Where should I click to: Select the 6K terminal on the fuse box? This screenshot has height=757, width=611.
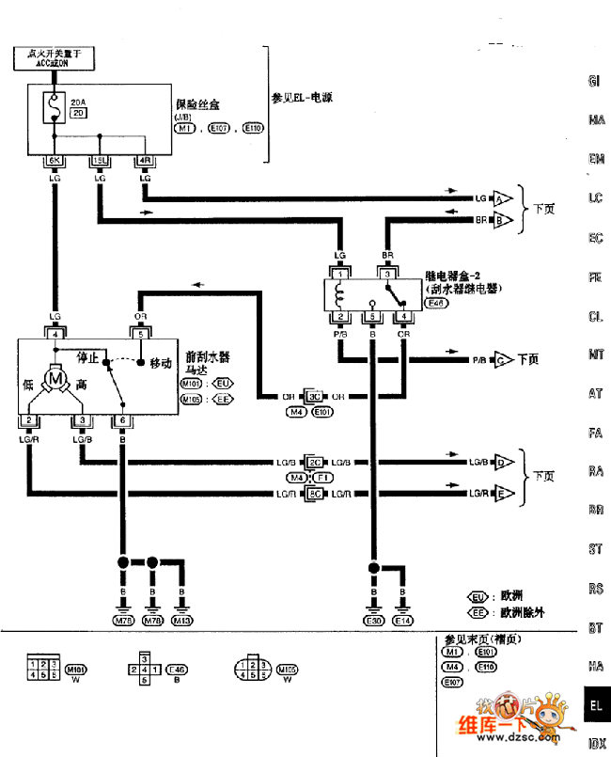(x=55, y=162)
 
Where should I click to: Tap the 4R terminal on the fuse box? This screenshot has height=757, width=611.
(x=145, y=162)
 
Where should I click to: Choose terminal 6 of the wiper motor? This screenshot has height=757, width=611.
(x=121, y=419)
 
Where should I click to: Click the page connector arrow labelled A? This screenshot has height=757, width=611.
(x=503, y=198)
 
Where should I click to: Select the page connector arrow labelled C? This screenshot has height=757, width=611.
(x=503, y=360)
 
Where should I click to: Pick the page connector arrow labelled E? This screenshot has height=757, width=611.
(x=503, y=493)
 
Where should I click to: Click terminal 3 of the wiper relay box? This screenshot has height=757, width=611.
(x=386, y=273)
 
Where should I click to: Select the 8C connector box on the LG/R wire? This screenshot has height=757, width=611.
(x=316, y=493)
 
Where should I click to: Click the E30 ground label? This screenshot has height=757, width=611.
(x=374, y=621)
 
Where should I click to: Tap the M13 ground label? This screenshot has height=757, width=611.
(x=181, y=621)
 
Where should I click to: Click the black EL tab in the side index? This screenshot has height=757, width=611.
(x=594, y=704)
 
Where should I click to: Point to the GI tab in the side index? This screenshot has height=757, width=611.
(x=594, y=81)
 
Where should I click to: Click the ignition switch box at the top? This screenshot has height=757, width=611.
(x=55, y=59)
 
